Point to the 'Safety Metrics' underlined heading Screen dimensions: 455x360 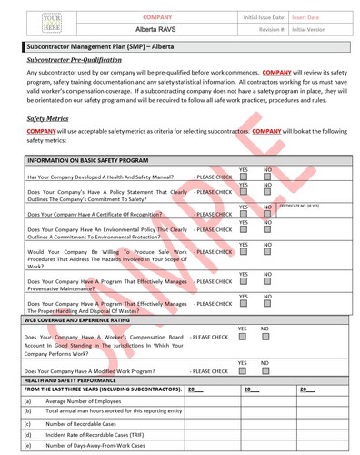coord(48,118)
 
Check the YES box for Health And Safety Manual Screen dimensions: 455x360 coord(243,177)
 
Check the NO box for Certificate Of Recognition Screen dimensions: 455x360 coord(268,215)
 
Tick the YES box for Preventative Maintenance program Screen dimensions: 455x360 coord(243,282)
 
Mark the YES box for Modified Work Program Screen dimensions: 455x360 coord(243,369)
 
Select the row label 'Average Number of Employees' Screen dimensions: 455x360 coord(86,401)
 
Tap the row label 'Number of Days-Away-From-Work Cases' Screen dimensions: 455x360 coord(100,446)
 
